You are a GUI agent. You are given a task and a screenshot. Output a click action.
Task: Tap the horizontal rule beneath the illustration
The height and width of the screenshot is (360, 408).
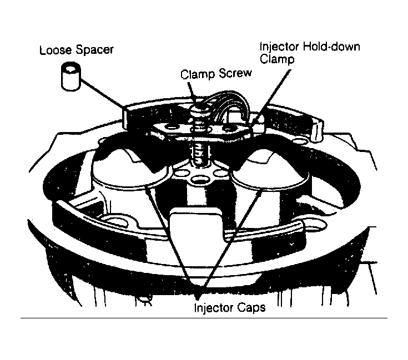point(203,318)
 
